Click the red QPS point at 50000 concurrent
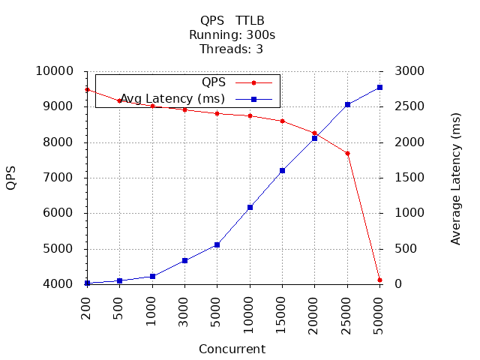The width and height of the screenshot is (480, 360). [379, 280]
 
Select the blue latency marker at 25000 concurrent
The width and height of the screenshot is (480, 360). [347, 104]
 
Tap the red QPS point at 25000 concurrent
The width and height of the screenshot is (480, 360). [347, 153]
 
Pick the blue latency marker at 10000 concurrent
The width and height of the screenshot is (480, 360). [250, 207]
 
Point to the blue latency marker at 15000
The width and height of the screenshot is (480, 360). [282, 170]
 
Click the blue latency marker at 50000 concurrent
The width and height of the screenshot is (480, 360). [379, 88]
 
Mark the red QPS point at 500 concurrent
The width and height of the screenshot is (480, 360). [119, 100]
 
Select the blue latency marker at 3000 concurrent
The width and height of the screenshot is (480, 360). [184, 260]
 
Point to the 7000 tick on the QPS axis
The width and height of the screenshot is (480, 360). [60, 178]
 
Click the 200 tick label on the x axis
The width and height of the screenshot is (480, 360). [87, 307]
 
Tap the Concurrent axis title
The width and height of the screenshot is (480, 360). [232, 349]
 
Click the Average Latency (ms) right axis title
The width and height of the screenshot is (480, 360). [456, 178]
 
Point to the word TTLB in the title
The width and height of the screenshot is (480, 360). [250, 21]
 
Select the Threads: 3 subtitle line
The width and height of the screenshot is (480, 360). [232, 49]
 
